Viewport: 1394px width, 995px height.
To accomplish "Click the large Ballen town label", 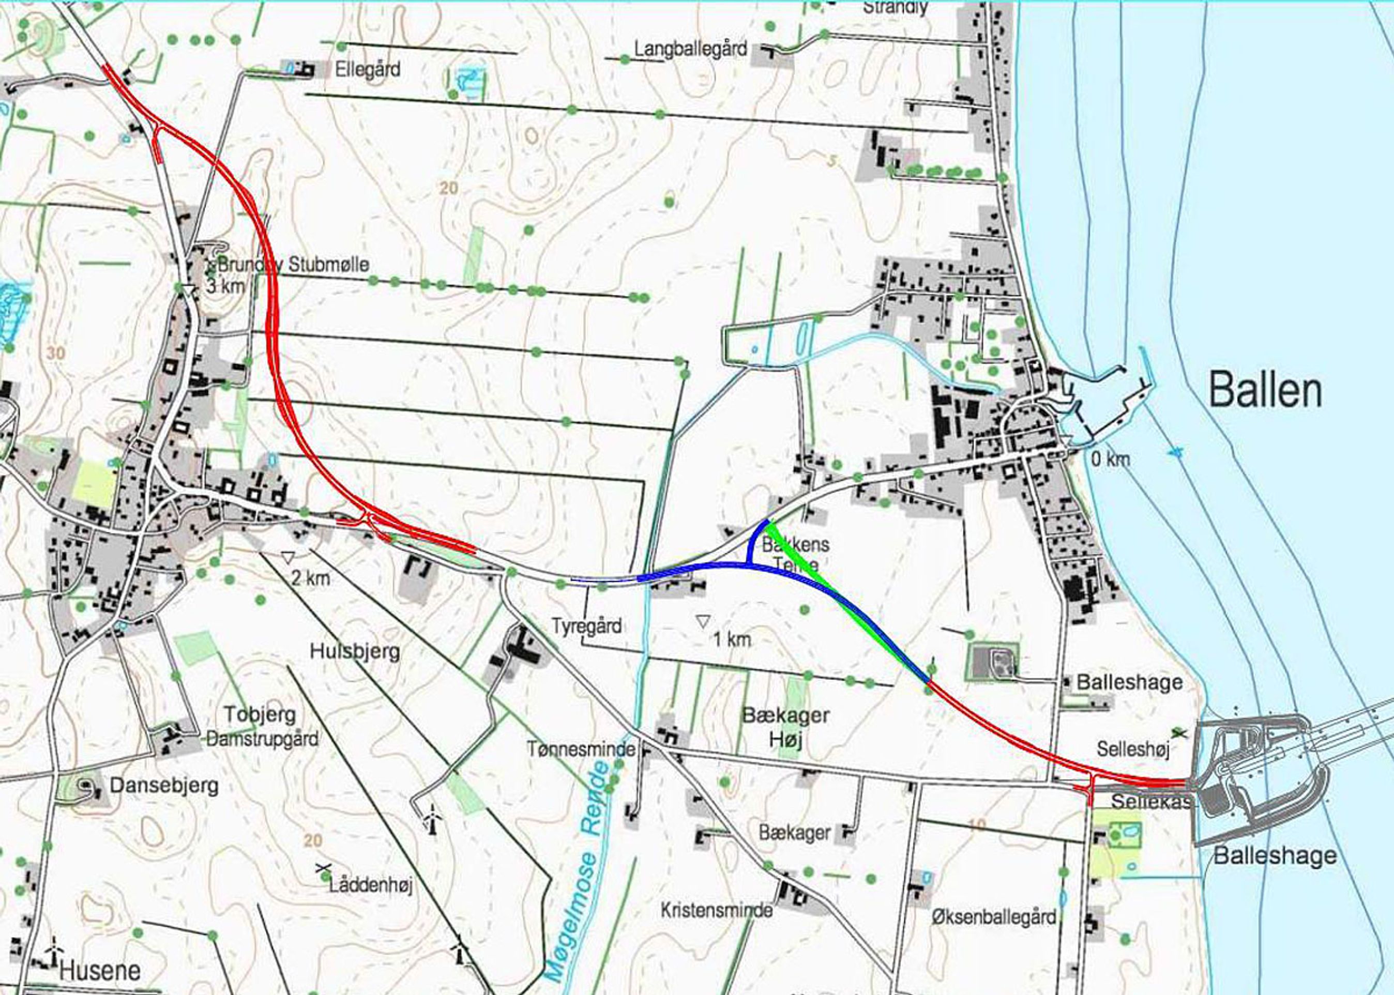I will [1265, 390].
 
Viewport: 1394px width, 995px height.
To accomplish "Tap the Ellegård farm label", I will [367, 69].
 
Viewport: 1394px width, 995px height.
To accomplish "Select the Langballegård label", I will [691, 49].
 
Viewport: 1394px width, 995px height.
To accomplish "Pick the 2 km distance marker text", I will [310, 578].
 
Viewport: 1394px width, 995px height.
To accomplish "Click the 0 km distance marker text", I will [1110, 459].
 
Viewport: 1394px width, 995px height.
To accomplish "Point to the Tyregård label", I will [586, 625].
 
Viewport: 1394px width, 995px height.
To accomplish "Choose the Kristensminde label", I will [716, 910].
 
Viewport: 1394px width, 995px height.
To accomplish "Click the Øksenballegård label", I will [993, 916].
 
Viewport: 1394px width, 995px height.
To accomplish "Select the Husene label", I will [100, 971].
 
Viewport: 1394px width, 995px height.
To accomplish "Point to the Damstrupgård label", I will [262, 739].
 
